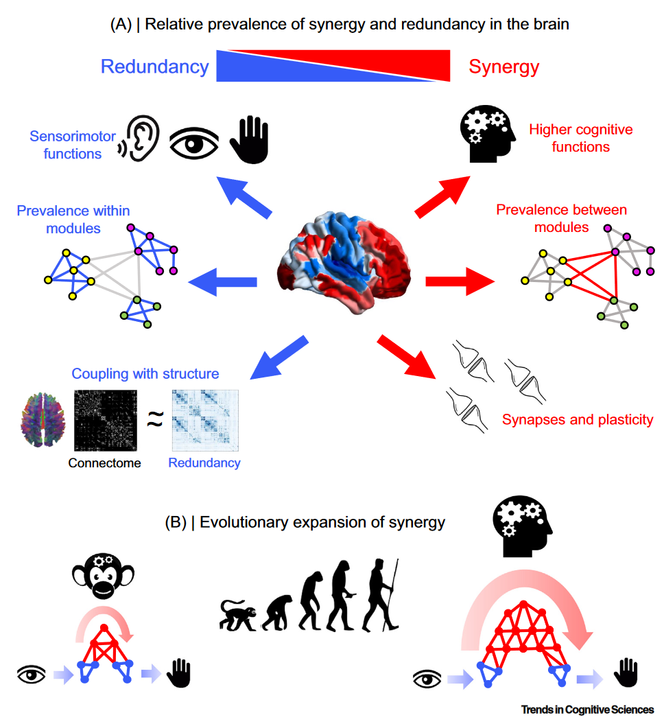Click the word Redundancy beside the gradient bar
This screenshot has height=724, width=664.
tap(154, 67)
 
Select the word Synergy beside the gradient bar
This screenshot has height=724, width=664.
tap(503, 67)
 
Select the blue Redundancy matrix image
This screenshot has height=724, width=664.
tap(204, 421)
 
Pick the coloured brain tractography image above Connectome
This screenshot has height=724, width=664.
tap(41, 421)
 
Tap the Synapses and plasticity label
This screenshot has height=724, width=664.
tap(578, 419)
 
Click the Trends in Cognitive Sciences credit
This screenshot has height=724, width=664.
tap(587, 710)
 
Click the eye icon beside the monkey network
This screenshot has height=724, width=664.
tap(32, 675)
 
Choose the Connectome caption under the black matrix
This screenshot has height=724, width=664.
tap(104, 463)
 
